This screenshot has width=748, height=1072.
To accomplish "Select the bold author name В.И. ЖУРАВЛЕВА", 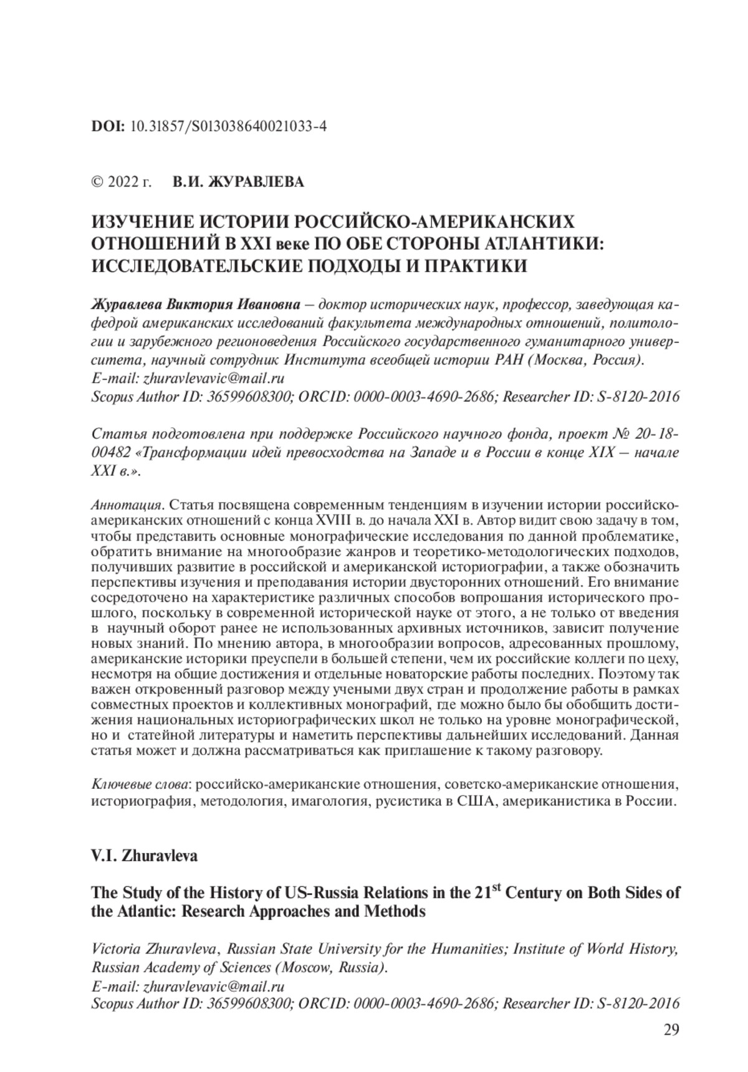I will (239, 183).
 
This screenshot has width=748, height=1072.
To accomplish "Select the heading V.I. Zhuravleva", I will (144, 856).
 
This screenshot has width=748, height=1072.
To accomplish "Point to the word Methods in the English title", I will (398, 911).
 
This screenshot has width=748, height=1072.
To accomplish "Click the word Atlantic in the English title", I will (140, 911).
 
